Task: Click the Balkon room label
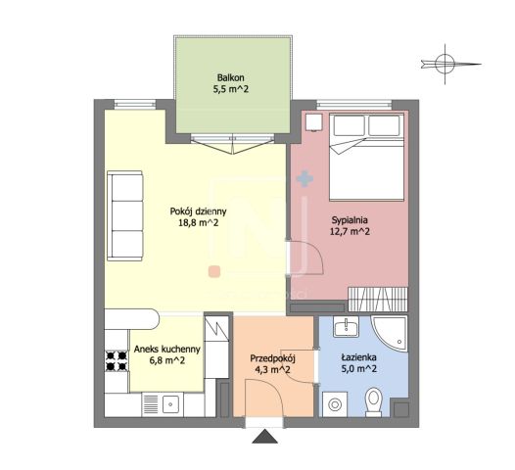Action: (230, 77)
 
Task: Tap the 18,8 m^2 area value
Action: (198, 223)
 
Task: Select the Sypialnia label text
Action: (350, 220)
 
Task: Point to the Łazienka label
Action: (358, 357)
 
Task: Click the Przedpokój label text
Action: (272, 358)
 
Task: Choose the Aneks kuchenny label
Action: (166, 350)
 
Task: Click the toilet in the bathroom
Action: (374, 401)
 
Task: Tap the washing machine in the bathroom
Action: (335, 404)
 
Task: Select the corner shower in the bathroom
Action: (390, 332)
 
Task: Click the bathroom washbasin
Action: (347, 327)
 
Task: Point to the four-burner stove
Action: (117, 360)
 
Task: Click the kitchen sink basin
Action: (170, 404)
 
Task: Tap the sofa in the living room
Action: (125, 215)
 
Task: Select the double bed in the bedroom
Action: (366, 157)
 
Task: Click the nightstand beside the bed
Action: (314, 122)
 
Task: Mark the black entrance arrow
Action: (264, 437)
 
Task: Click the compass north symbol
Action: (446, 64)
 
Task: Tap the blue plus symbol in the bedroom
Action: (304, 179)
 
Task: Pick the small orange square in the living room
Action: (214, 271)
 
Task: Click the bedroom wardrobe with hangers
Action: (378, 300)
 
